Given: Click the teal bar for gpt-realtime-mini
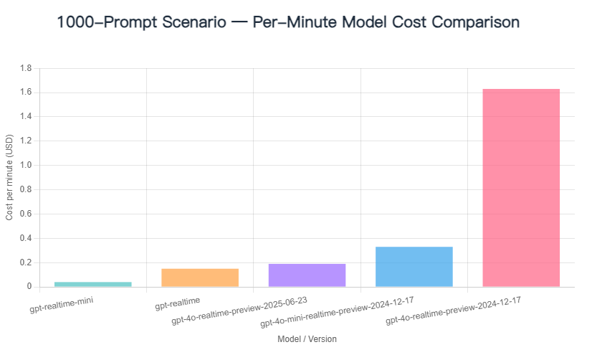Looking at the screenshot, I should [x=93, y=284].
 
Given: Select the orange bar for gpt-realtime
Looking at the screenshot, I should [x=200, y=278].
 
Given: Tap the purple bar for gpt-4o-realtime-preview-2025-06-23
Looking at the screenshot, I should [x=307, y=275].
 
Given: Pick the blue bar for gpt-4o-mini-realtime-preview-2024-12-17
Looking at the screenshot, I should [x=414, y=267].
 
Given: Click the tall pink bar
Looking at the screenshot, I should [x=521, y=188].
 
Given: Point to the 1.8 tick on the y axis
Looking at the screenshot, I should [x=26, y=68].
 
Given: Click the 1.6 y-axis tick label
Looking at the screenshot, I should [x=26, y=93].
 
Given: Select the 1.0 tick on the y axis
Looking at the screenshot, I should [x=26, y=166].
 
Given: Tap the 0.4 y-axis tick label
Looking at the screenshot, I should [x=26, y=238].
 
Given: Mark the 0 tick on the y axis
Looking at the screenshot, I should [x=29, y=287].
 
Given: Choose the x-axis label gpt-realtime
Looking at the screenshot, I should [x=178, y=304].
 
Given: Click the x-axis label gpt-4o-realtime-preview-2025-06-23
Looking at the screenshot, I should [x=249, y=310].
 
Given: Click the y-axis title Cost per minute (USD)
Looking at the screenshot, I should [x=9, y=178].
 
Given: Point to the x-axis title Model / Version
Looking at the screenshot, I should [x=307, y=338].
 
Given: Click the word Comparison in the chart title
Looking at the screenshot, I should [x=470, y=22].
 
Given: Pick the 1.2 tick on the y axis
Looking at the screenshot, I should [x=26, y=141].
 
